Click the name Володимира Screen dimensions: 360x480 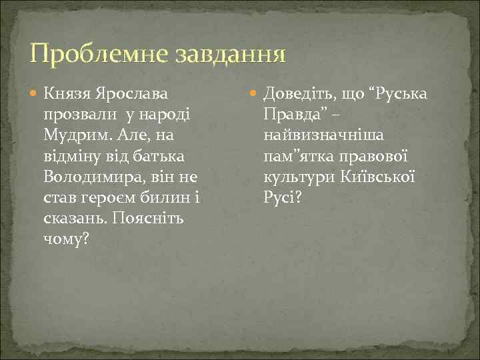tap(90, 177)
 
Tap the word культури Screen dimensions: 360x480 tap(293, 177)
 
